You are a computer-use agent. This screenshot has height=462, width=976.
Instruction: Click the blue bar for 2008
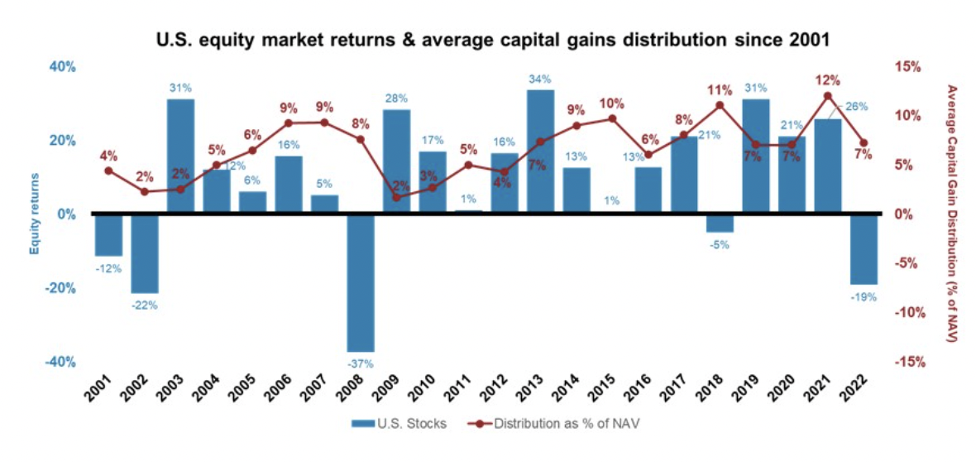click(x=361, y=282)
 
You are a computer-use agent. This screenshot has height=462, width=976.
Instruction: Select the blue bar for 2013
click(x=540, y=152)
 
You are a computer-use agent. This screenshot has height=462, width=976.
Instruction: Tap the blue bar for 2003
click(x=180, y=156)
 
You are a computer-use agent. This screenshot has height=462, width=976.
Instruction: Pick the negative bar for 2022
click(x=864, y=248)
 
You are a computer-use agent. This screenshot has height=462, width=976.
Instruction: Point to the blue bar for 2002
click(x=145, y=253)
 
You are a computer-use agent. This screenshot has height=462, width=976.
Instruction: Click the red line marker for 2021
click(x=828, y=96)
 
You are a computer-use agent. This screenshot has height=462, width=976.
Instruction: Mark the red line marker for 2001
click(x=108, y=171)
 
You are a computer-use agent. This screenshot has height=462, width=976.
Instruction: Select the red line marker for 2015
click(x=612, y=118)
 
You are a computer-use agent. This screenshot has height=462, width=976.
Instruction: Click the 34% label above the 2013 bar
click(x=540, y=79)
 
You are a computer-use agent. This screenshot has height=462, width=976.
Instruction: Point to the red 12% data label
click(x=827, y=80)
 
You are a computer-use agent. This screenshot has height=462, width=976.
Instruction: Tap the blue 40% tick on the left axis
click(x=60, y=66)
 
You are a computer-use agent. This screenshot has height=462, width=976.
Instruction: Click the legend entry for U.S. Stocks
click(x=399, y=424)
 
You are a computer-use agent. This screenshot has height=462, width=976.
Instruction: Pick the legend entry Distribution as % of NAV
click(x=553, y=424)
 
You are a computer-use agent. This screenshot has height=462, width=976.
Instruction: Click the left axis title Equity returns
click(x=35, y=214)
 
